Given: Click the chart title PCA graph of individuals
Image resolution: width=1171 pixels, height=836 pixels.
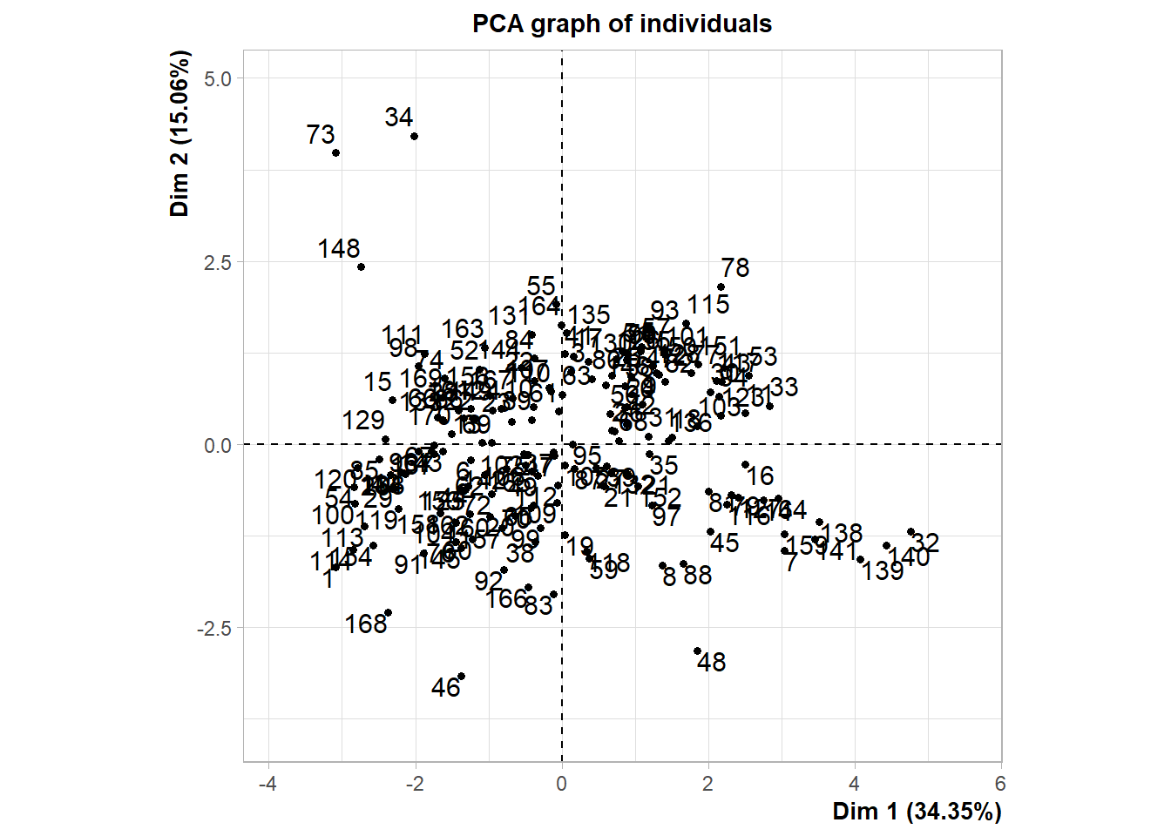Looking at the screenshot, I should coord(621,24).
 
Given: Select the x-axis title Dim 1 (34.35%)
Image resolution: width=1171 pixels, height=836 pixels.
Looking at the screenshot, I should coord(917,812).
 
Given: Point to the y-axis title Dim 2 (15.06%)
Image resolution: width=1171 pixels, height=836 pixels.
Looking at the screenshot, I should coord(179,133).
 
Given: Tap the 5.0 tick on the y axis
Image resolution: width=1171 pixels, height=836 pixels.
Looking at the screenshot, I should coord(217,78).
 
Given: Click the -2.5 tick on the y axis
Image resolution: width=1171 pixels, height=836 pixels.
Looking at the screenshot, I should coord(214,629).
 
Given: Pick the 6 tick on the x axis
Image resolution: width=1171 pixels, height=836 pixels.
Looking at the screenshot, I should coord(1000,784).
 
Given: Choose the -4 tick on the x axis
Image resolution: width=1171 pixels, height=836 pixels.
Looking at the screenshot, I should coord(267,784).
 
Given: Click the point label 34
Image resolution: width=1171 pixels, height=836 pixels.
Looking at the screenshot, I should coord(399,118).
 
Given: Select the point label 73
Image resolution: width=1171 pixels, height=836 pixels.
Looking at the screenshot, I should coord(321,135).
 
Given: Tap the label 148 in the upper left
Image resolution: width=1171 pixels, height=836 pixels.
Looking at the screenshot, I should coord(339,249).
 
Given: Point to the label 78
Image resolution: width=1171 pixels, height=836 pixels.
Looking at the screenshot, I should coord(735,268).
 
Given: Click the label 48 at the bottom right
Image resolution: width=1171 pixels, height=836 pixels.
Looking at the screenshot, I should coord(712,663).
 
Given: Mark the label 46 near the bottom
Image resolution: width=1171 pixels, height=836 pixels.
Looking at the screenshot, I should coord(445,688).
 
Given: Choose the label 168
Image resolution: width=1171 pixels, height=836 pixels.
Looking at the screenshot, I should coord(366,624).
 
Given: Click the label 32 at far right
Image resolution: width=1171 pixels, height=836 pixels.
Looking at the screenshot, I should coord(925,543).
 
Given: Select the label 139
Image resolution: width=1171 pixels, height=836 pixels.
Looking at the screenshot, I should coord(883,571).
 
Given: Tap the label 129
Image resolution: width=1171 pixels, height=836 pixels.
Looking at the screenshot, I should coord(363,421).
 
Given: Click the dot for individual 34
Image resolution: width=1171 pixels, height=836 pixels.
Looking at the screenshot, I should coord(415,137).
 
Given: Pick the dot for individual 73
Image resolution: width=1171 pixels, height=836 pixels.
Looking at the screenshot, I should coord(336,153).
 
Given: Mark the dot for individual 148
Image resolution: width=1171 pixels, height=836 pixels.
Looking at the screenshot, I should coord(362,267).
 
